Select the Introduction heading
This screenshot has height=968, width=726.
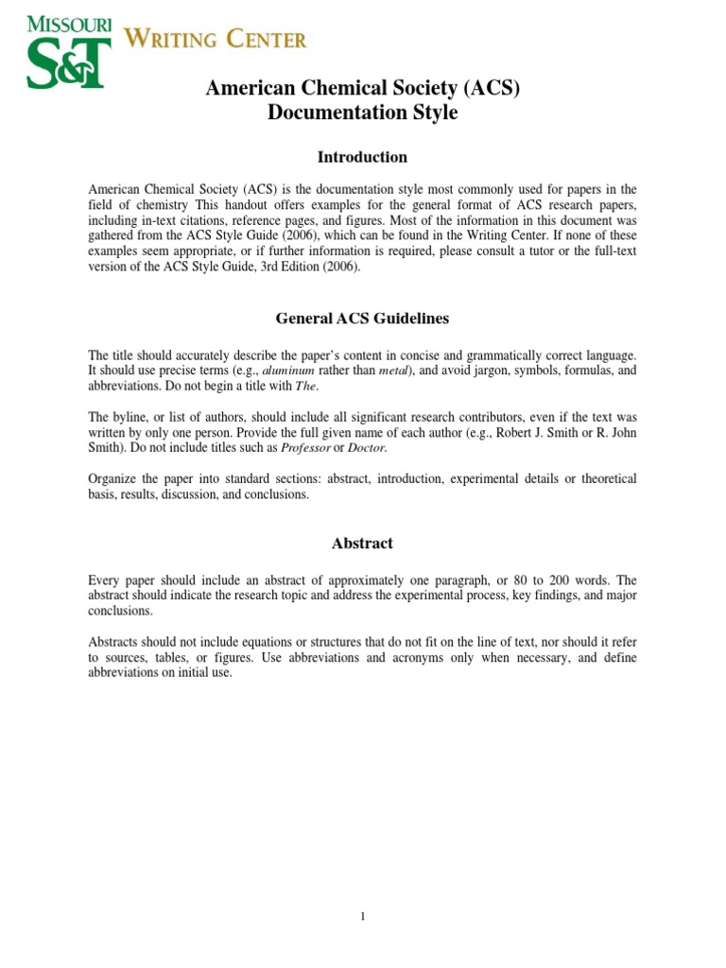363,157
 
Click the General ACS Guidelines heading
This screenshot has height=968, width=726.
363,319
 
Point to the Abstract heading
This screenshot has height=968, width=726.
363,544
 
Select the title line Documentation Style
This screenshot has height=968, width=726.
363,112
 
